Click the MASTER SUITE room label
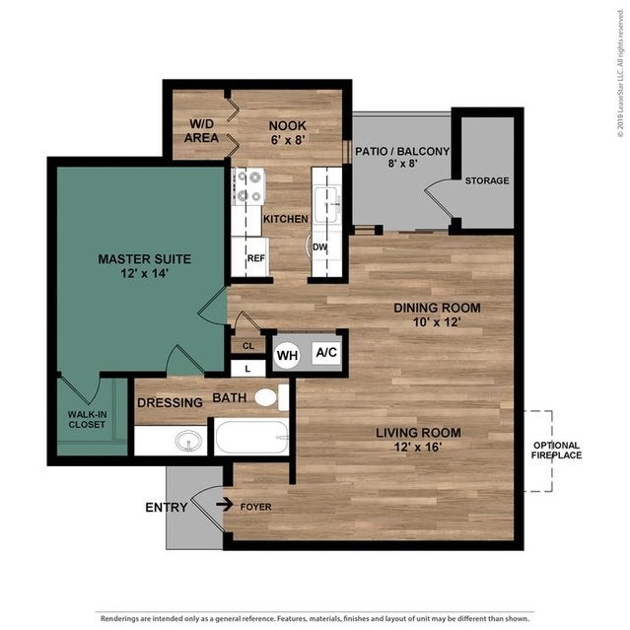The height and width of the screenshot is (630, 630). [144, 258]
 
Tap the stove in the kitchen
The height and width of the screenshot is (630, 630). [246, 186]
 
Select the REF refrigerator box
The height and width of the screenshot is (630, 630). [256, 258]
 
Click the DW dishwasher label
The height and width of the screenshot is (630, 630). [320, 247]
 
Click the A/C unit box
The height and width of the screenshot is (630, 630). [325, 353]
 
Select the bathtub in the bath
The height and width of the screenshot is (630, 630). [251, 436]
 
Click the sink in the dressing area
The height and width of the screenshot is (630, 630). [188, 440]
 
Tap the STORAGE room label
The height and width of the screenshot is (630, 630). [487, 180]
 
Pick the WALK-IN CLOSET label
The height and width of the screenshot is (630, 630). [88, 420]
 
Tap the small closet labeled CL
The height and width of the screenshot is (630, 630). [248, 346]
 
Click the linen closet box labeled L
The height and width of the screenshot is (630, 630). [247, 369]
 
